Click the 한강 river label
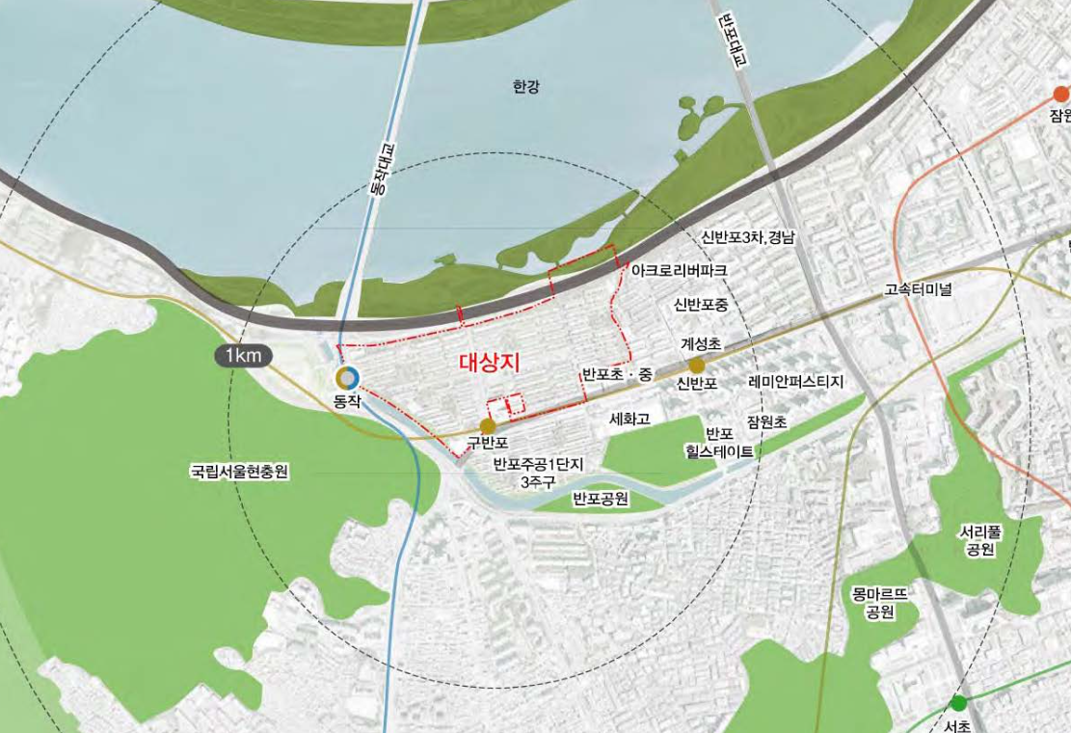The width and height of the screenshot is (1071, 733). click(526, 88)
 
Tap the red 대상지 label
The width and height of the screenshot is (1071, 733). click(489, 363)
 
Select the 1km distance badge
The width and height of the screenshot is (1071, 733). click(243, 357)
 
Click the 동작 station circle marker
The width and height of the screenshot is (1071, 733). click(347, 379)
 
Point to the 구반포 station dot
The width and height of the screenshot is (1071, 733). click(488, 426)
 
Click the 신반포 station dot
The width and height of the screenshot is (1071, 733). click(696, 366)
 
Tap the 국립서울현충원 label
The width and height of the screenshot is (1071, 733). click(240, 473)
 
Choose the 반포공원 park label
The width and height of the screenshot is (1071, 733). click(600, 500)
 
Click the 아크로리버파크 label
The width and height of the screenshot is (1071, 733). click(679, 271)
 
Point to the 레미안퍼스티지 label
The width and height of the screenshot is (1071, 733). click(796, 382)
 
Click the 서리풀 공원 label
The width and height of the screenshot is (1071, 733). click(977, 540)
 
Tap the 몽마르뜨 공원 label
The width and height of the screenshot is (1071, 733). click(880, 603)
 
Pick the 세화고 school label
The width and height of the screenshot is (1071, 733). click(631, 420)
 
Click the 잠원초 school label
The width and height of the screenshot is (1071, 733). click(766, 421)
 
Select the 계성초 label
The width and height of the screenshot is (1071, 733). click(701, 343)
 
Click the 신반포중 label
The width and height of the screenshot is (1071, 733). click(701, 306)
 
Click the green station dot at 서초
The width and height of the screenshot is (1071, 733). click(958, 703)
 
